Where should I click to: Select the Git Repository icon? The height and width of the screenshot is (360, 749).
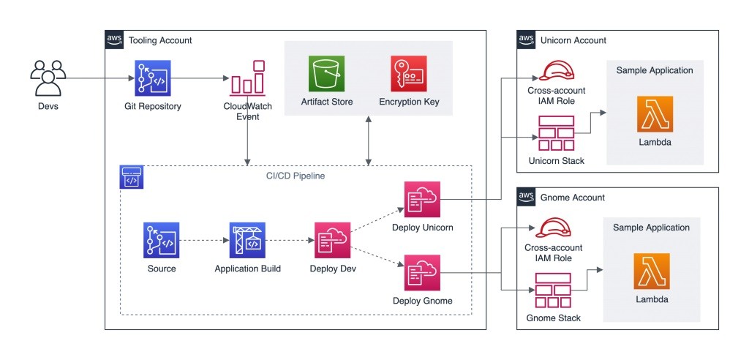click(152, 79)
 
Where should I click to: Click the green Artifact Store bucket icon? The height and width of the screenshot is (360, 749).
click(326, 74)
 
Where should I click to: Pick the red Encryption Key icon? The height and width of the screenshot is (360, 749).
click(408, 74)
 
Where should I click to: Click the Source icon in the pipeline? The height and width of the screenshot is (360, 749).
click(161, 241)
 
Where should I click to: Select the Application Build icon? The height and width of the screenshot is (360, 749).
click(247, 241)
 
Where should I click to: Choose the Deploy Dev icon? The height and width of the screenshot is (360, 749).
click(332, 241)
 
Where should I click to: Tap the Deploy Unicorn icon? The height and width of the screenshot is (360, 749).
click(422, 200)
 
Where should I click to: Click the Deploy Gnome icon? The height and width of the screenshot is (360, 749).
click(422, 273)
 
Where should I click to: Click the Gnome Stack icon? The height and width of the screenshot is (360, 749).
click(554, 291)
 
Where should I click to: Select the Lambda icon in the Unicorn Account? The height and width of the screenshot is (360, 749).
click(655, 114)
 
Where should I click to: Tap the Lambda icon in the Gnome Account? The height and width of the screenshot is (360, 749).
click(651, 271)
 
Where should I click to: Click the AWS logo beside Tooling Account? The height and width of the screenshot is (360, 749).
click(115, 40)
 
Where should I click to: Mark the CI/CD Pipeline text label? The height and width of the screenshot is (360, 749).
click(296, 176)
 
